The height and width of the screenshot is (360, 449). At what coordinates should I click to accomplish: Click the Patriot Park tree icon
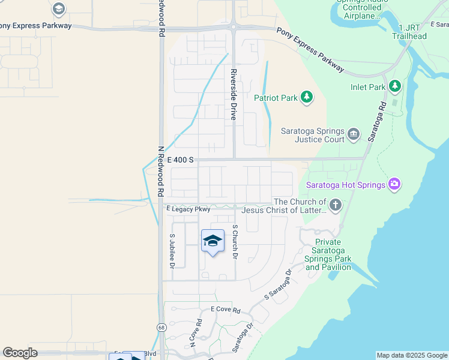pos(307,97)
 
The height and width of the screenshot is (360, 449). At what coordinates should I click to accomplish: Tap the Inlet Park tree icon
pos(394,87)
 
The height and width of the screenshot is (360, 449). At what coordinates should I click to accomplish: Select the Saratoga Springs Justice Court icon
pos(354,134)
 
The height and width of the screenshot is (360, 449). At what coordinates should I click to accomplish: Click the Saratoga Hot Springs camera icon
pos(394,184)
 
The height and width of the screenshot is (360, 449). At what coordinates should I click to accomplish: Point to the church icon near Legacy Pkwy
pos(336,206)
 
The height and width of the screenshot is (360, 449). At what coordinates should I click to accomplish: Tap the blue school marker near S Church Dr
pos(212,241)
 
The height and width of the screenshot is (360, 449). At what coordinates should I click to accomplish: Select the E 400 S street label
pos(180,160)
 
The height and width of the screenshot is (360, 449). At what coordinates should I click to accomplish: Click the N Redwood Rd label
pos(161,172)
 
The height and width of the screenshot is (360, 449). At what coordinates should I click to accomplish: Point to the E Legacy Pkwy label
pos(188,209)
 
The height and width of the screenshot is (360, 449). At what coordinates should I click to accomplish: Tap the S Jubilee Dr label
pos(172,250)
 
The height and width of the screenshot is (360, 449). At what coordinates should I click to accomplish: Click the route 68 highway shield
pos(161,327)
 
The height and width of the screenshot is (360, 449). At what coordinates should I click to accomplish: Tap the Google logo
pos(20,353)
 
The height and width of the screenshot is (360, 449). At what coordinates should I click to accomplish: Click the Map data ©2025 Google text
pos(411,355)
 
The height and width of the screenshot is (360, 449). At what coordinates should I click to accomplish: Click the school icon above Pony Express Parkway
pos(58,8)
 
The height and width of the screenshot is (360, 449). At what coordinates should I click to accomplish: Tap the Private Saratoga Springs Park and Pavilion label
pos(328,254)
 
